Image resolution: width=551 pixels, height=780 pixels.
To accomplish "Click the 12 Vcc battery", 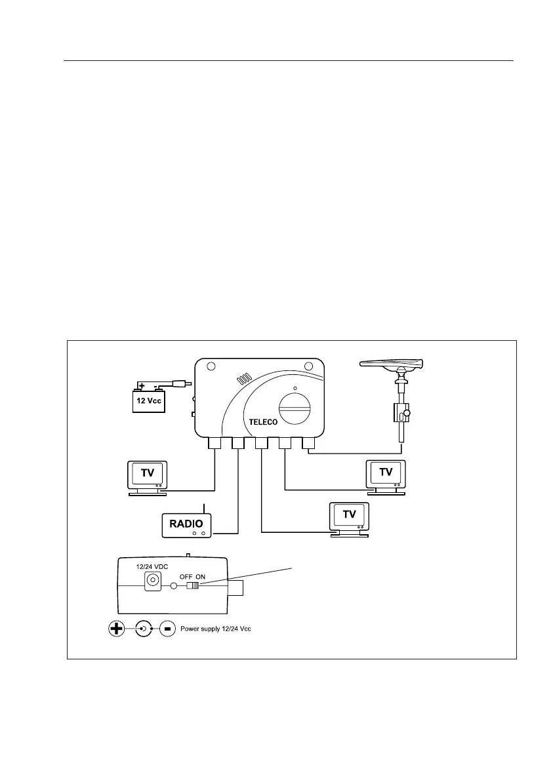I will (x=150, y=399).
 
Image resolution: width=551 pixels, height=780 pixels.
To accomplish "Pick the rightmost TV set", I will (x=386, y=474).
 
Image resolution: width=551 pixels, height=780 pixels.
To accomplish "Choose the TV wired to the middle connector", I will (x=350, y=516).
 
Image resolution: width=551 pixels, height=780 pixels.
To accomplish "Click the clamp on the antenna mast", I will (x=400, y=413).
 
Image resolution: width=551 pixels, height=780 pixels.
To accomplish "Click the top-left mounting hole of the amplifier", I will (x=210, y=366).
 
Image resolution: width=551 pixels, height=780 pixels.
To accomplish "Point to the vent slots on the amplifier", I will (x=244, y=380).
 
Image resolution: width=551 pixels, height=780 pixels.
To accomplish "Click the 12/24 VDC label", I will (x=149, y=567).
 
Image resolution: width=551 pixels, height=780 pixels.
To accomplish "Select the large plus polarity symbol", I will (x=117, y=629).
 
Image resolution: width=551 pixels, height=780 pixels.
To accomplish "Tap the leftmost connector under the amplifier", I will (x=215, y=444).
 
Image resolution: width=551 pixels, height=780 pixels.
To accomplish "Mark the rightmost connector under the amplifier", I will (x=308, y=444).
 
